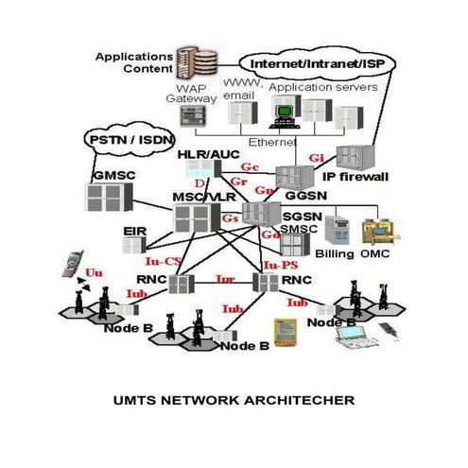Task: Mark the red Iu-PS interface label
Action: coord(275,266)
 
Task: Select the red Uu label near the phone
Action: coord(94,271)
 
